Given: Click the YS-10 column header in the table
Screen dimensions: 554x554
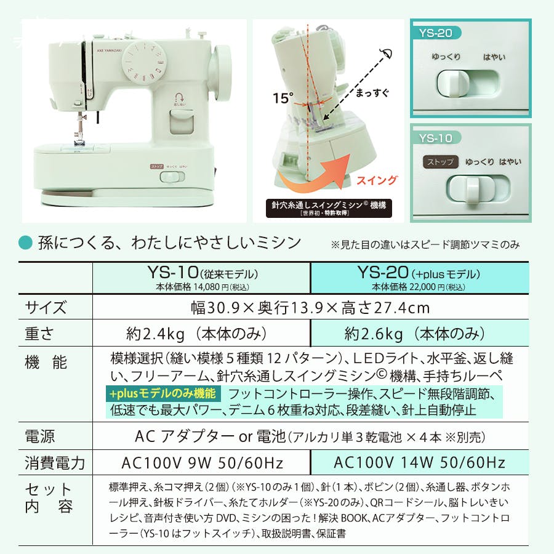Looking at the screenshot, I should (x=201, y=278).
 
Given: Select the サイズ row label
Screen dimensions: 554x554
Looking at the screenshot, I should (x=46, y=308).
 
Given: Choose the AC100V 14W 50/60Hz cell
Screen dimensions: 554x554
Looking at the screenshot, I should (x=419, y=463).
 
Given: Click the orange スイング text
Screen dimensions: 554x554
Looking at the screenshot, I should (x=374, y=180).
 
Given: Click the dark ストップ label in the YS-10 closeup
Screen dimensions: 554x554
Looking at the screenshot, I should (x=440, y=163).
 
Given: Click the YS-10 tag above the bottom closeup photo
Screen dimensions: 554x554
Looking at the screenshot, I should (x=435, y=138).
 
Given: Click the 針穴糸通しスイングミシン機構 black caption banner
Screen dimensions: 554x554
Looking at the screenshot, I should (x=328, y=207).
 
